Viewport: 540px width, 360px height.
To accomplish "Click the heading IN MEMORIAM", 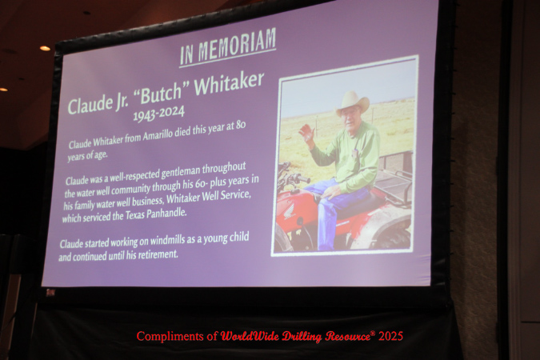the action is (228, 47).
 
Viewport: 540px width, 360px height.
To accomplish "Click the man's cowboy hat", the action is (352, 102).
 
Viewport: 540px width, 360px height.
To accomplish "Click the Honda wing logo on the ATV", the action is (289, 211).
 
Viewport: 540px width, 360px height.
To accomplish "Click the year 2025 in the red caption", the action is (390, 336).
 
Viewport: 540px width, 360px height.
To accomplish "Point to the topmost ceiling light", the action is (45, 48).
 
